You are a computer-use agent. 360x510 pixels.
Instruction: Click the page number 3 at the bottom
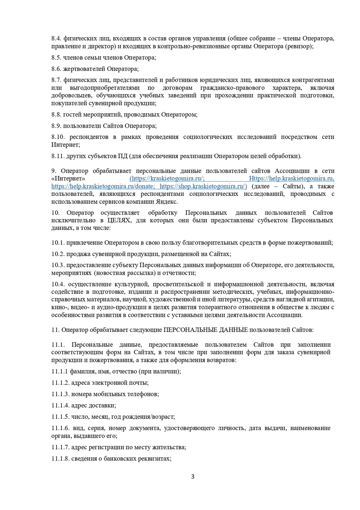pos(193,477)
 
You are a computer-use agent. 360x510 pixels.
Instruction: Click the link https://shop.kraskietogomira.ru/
pos(203,186)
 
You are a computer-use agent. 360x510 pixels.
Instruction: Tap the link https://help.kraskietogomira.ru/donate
pos(103,186)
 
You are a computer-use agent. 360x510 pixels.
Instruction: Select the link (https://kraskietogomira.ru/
pos(167,178)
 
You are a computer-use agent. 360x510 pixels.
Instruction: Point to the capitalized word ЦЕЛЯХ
pos(119,220)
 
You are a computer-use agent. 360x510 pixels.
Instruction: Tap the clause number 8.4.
pos(56,38)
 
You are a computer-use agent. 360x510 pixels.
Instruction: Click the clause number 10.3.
pos(58,265)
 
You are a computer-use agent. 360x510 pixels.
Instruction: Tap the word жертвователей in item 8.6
pos(84,69)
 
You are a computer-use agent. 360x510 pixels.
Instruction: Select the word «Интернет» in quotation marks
pos(68,178)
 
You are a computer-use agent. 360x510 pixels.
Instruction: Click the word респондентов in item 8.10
pos(89,137)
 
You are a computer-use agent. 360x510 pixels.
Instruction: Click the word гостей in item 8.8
pos(73,114)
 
